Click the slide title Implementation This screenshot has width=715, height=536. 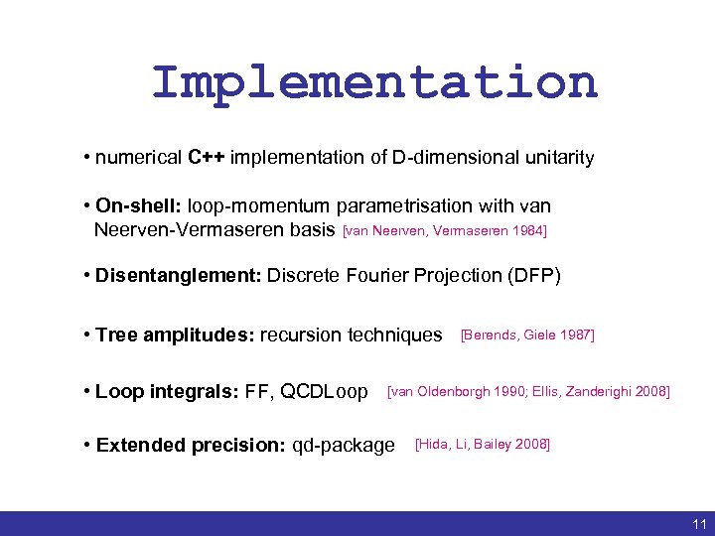point(374,82)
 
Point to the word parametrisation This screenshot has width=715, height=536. point(408,206)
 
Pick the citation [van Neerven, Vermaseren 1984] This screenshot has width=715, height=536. point(444,231)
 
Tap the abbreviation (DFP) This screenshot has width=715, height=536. point(536,275)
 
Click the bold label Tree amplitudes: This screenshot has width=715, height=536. point(175,335)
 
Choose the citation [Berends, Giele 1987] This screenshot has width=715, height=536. point(527,335)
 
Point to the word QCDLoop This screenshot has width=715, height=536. point(325,392)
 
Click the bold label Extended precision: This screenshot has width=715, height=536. point(190,445)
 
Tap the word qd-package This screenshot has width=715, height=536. point(344,445)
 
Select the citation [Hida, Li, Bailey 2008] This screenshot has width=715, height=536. point(482,444)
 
